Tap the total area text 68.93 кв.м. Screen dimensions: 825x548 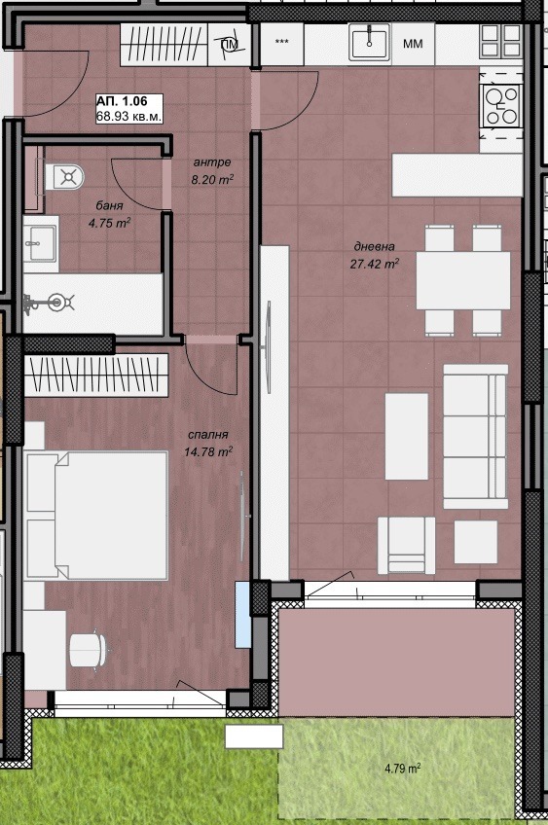coord(128,116)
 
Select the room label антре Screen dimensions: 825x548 coord(211,162)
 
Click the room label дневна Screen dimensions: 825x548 coord(375,246)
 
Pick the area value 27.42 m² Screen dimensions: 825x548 coord(375,263)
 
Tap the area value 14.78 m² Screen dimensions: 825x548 coord(208,451)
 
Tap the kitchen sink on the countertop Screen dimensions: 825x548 coord(369,43)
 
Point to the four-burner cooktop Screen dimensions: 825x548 coord(500,105)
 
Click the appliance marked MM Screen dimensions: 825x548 coord(413,44)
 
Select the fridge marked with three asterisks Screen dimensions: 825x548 coord(282,43)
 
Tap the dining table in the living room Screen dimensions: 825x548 coord(463,280)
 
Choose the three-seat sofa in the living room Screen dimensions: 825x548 coord(474,436)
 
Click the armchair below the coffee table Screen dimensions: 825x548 coord(407,545)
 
